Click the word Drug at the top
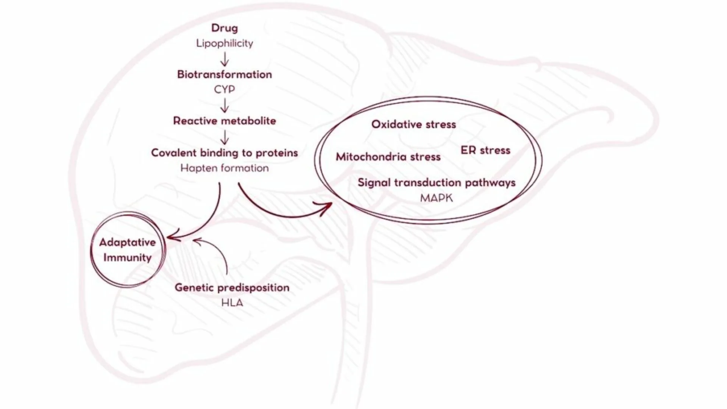point(225,28)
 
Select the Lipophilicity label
point(225,44)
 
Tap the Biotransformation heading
point(225,75)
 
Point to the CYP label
point(225,89)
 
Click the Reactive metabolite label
point(225,121)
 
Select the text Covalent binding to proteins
point(225,153)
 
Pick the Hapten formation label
point(225,168)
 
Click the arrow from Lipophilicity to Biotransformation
point(225,59)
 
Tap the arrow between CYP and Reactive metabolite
point(225,105)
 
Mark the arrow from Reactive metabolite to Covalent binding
point(225,137)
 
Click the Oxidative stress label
point(413,125)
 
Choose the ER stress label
point(485,150)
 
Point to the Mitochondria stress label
point(388,157)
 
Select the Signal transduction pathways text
point(437,183)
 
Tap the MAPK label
point(436,198)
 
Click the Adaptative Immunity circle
point(128,250)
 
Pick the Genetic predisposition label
point(232,287)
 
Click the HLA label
point(232,303)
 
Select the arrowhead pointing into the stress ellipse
point(326,208)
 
